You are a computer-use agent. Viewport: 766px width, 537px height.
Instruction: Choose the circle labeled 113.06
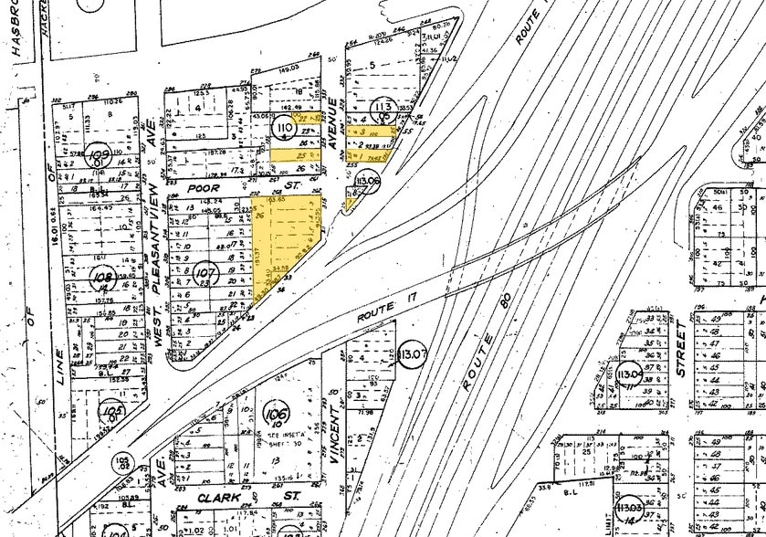367,183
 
